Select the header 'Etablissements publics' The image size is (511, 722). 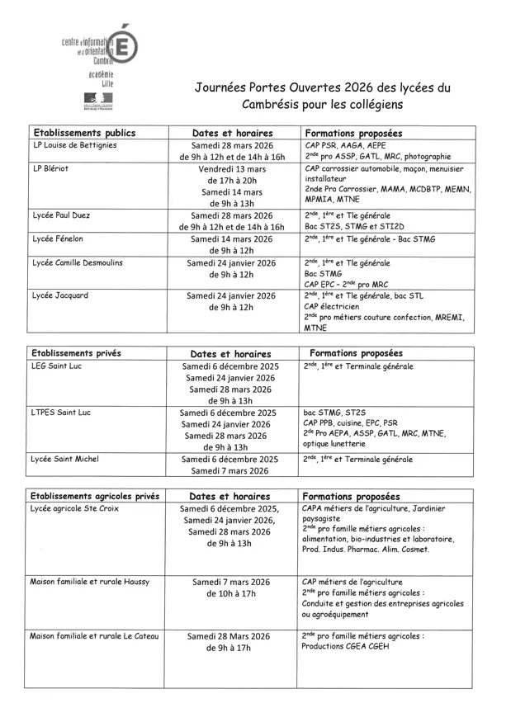[x=83, y=132]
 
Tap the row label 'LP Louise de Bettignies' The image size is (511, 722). [x=75, y=145]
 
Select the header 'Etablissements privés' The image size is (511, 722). [x=81, y=353]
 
